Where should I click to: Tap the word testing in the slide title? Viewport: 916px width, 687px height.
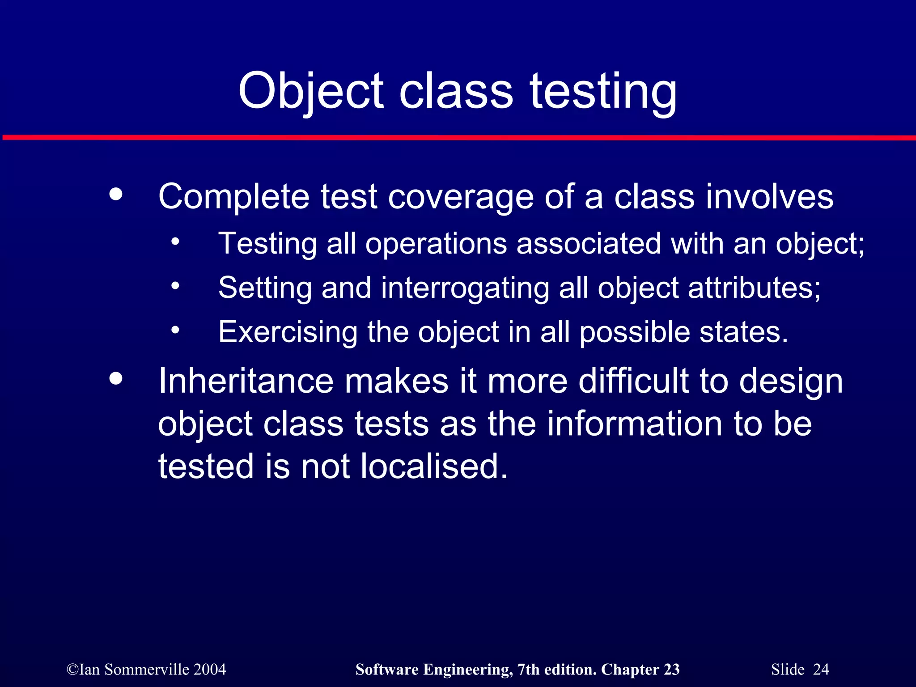603,92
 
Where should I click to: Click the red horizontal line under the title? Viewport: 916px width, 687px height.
458,137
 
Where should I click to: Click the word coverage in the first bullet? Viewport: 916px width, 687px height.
461,197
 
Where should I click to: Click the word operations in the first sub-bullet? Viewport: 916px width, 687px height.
436,244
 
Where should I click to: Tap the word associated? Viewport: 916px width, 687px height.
589,244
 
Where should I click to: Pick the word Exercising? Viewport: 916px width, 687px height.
288,332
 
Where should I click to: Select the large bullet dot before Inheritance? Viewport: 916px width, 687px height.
116,379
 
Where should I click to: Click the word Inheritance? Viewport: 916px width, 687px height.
246,381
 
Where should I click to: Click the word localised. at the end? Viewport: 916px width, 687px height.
434,466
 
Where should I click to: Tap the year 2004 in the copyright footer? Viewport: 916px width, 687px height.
210,670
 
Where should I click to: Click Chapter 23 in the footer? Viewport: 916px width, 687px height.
640,670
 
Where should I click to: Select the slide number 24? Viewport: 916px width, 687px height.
821,670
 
